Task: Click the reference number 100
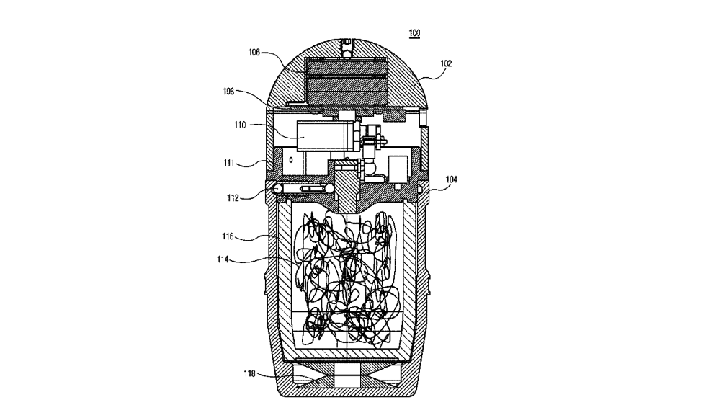(414, 33)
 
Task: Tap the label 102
(446, 63)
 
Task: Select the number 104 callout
(451, 179)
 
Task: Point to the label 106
(254, 52)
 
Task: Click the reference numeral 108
(229, 91)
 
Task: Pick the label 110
(240, 125)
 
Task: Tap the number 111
(229, 163)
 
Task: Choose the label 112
(233, 197)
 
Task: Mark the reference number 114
(223, 259)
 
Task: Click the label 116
(228, 236)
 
